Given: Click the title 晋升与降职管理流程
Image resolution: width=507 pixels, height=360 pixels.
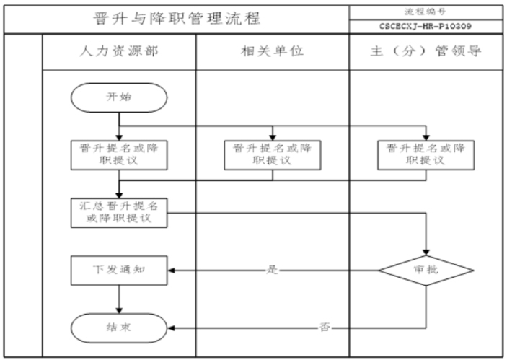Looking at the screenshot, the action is (177, 19).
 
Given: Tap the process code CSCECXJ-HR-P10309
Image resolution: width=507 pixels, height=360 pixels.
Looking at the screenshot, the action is (426, 26).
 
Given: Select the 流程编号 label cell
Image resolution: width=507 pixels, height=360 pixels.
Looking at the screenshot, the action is (426, 12).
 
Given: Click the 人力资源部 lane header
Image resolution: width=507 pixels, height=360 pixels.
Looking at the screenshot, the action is (119, 51).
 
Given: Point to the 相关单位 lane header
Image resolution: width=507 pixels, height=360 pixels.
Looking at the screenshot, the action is (273, 51).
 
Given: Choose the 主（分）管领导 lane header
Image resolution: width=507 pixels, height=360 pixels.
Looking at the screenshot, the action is (426, 51).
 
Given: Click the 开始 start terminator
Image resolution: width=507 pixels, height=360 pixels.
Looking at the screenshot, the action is (119, 97).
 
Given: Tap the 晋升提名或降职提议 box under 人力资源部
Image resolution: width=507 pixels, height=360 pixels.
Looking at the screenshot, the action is (119, 155).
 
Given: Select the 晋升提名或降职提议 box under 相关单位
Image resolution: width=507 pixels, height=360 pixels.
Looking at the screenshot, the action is (273, 155).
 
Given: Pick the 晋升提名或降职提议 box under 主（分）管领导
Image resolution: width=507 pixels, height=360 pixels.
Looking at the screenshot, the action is (426, 155).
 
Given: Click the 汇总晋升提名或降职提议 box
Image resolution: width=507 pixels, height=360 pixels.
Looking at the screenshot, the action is (119, 213).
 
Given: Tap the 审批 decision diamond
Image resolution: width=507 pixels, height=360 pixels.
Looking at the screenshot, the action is (426, 271).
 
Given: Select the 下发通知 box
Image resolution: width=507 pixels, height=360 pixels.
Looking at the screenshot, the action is (119, 271).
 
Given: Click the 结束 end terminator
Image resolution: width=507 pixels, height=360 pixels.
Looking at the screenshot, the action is (119, 328).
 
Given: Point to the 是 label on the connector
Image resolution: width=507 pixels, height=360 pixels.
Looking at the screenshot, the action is (272, 270).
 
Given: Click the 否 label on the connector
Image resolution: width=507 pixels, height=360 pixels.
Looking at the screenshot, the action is (325, 328).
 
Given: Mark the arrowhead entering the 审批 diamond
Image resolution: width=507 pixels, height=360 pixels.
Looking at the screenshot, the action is (426, 253).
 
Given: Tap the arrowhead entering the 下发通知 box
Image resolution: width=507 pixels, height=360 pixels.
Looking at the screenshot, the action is (171, 271).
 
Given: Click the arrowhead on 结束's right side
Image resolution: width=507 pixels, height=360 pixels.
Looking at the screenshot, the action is (171, 328).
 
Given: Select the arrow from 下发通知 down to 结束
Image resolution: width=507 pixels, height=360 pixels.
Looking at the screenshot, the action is (119, 299).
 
